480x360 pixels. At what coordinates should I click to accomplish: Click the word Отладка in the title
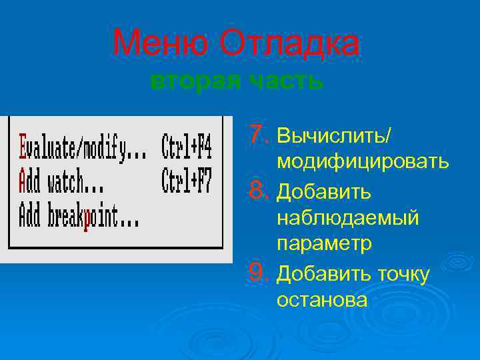pos(290,45)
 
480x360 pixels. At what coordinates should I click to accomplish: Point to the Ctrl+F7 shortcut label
pos(187,181)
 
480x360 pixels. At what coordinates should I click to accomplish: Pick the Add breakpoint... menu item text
pos(79,216)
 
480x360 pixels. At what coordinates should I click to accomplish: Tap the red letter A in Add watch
pos(24,181)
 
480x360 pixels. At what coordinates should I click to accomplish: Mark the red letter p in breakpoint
pos(87,217)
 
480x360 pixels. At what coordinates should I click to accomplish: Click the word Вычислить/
pos(334,136)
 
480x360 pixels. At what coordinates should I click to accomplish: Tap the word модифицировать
pos(363,163)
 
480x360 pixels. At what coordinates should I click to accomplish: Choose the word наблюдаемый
pos(347,218)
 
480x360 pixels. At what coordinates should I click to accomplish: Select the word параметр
pos(324,245)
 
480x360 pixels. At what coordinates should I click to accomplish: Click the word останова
pos(321,300)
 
